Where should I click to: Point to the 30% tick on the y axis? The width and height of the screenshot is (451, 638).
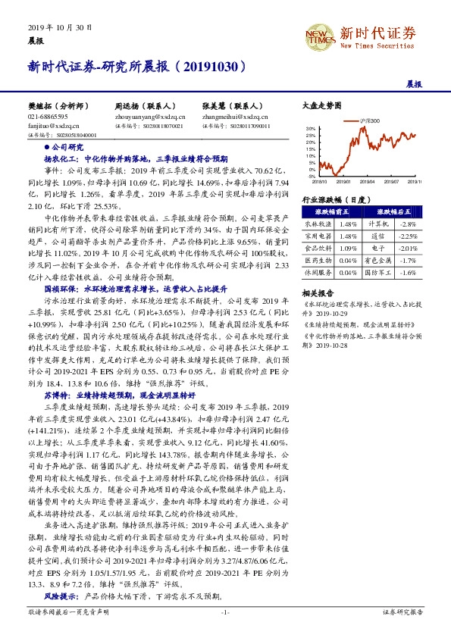click(311, 129)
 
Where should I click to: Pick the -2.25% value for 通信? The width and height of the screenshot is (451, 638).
click(408, 236)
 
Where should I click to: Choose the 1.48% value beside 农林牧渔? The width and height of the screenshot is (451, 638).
click(348, 224)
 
